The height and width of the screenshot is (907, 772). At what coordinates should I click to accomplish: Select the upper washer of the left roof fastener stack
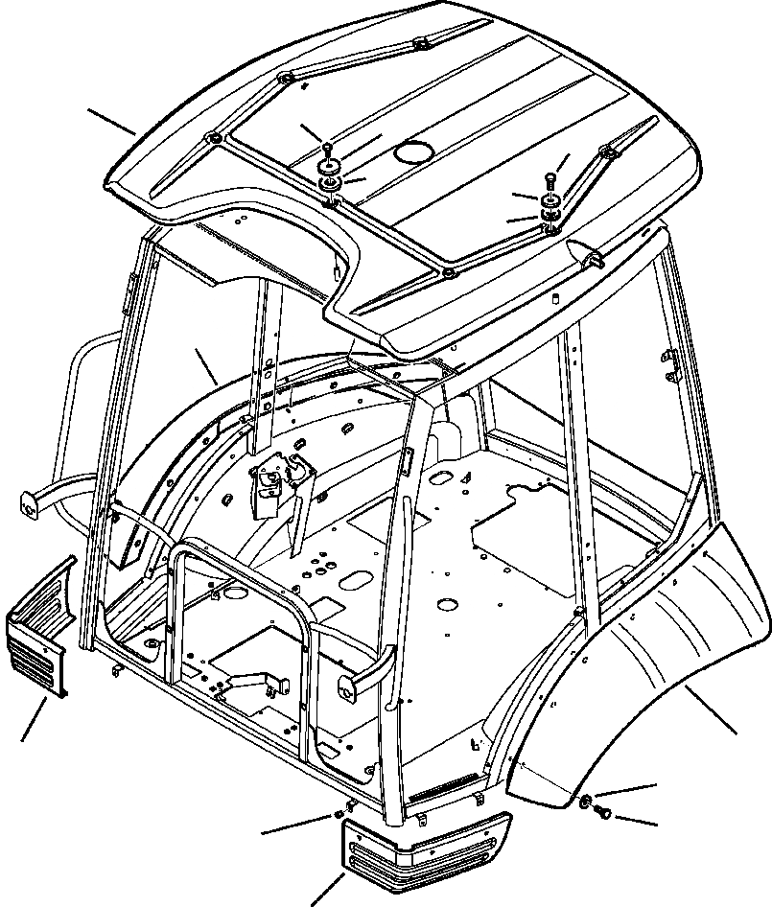tap(330, 168)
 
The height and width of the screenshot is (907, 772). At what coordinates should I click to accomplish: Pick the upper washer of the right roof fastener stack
tap(551, 200)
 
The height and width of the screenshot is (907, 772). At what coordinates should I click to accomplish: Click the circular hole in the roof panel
tap(413, 151)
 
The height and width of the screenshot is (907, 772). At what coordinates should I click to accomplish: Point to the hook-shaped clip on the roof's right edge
tap(591, 257)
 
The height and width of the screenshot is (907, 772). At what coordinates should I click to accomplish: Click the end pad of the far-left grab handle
tap(28, 503)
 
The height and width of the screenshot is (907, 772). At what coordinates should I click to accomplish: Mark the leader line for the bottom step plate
tap(327, 888)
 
